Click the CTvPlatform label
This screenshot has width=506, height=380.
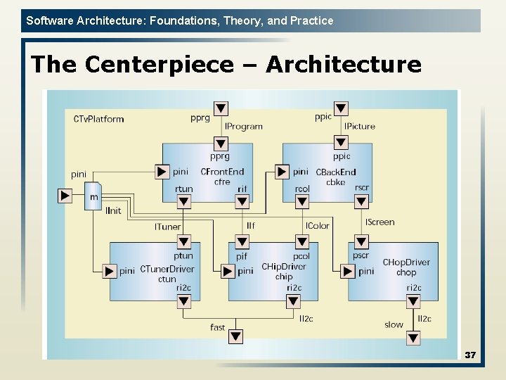point(98,119)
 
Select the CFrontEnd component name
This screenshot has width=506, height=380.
point(222,172)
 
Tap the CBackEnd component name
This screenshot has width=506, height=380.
point(336,172)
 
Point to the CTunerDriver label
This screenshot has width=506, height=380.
point(167,270)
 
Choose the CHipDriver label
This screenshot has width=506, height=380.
point(284,267)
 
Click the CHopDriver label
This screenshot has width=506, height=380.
point(406,262)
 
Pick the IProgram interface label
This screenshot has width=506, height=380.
point(244,127)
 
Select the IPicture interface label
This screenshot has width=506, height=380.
point(359,127)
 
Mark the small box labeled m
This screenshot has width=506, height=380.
point(93,196)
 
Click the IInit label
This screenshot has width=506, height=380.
point(113,210)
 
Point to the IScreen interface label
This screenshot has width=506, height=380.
point(379,222)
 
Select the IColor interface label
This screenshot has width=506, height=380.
point(317,226)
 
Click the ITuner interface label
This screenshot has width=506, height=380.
point(167,227)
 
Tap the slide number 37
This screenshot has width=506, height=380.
point(470,355)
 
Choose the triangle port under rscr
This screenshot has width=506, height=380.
point(361,202)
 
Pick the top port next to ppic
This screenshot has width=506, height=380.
point(341,108)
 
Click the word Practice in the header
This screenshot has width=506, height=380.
point(311,20)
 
